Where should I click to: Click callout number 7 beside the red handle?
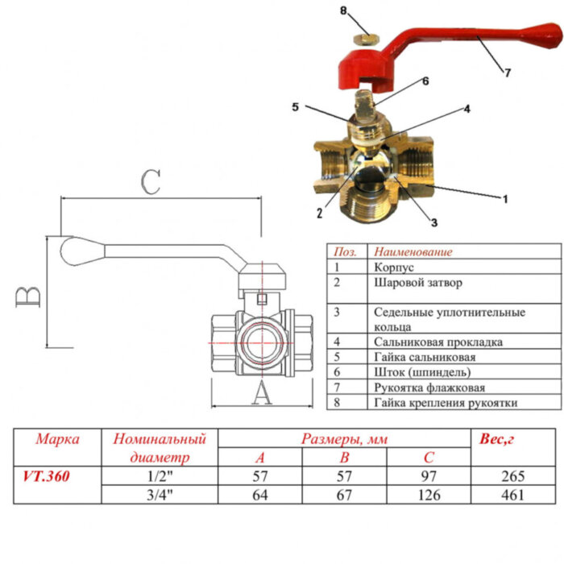pos(507,73)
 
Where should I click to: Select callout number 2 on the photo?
pos(319,213)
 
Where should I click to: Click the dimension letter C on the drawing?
pos(151,183)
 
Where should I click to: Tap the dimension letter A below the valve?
pos(260,394)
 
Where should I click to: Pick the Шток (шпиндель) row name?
pos(421,372)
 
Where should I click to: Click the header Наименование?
pos(413,251)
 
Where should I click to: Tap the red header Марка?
pos(57,439)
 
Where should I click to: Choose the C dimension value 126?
pos(429,495)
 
